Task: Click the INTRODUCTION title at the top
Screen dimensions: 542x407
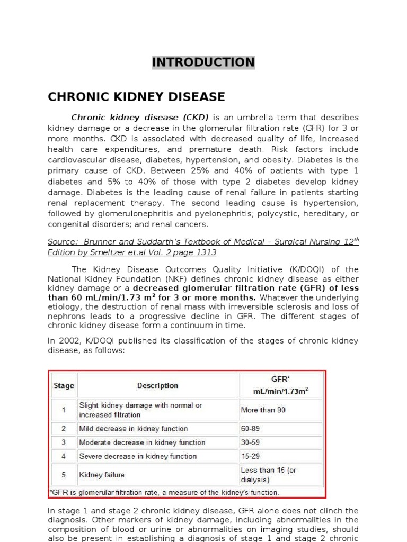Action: (x=203, y=62)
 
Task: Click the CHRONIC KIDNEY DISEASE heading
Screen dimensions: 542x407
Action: (x=136, y=97)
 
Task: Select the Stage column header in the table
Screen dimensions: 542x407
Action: (x=64, y=386)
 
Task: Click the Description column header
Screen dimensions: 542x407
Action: (x=157, y=386)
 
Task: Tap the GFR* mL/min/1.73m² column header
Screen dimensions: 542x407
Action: (x=281, y=386)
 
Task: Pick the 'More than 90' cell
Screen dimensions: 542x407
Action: (x=263, y=410)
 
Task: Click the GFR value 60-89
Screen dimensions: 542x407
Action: (x=251, y=429)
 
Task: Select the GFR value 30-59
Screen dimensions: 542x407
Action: (x=251, y=442)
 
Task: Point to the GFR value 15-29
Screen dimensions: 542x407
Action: (x=251, y=456)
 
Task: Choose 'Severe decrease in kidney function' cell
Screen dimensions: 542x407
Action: (x=138, y=456)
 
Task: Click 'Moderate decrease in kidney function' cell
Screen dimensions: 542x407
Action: (x=142, y=442)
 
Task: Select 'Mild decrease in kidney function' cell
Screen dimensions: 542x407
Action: (x=133, y=429)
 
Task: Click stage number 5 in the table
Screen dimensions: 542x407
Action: (x=64, y=475)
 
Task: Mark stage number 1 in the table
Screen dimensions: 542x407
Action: (x=64, y=410)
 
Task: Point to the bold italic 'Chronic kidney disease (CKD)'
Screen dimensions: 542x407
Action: (x=140, y=118)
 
